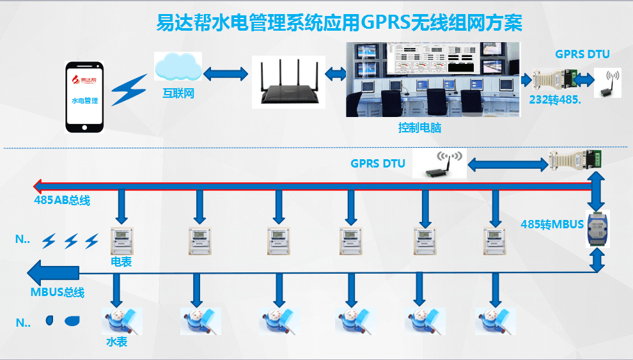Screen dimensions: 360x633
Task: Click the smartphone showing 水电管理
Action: pos(85,97)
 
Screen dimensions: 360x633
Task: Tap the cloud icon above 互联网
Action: pos(178,66)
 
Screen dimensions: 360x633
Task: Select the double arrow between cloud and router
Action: pos(226,74)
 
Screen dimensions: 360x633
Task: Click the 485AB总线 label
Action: pos(62,201)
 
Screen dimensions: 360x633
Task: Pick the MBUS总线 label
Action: pos(58,293)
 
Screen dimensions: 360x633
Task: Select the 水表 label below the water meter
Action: pos(116,342)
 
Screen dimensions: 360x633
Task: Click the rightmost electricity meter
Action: pos(494,240)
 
